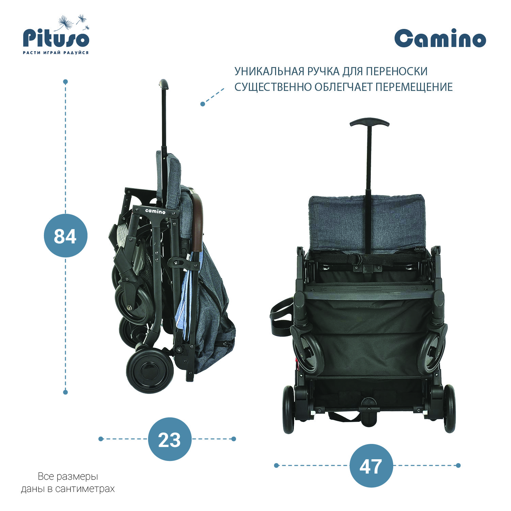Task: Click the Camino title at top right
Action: pos(440,38)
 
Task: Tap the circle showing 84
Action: pos(66,236)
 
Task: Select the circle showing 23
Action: pos(170,439)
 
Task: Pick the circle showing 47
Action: pos(371,465)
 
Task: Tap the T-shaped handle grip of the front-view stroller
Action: pos(369,122)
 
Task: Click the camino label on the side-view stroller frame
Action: pos(155,211)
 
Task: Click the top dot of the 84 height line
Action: pos(65,82)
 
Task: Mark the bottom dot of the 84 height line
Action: pos(65,392)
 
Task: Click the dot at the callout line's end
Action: pos(203,104)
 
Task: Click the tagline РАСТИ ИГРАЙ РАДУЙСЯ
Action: pos(56,53)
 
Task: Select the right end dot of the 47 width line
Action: pos(458,465)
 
